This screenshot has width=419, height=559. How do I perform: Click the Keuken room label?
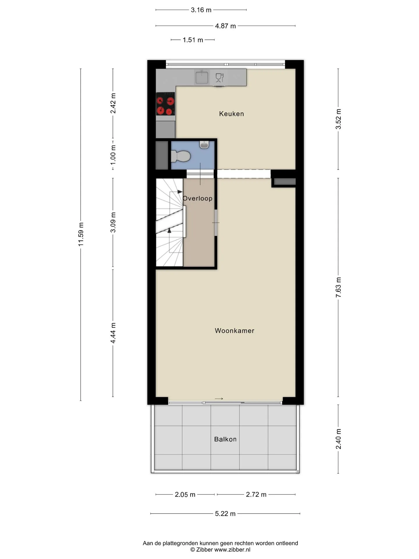231,114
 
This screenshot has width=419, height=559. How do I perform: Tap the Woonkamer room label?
235,331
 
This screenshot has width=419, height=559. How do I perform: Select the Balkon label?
225,439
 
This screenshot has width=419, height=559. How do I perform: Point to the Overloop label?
198,198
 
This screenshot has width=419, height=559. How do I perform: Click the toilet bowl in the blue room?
181,156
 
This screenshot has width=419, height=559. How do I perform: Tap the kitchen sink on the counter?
202,77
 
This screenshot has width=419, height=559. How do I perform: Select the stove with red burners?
166,104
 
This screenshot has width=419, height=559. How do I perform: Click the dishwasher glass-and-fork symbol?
219,78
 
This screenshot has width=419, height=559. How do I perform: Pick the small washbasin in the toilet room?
204,144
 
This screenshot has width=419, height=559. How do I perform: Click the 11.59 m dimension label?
81,234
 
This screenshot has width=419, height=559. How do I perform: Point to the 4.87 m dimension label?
226,26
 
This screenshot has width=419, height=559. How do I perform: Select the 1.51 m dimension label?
193,40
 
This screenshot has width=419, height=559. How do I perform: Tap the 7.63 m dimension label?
338,287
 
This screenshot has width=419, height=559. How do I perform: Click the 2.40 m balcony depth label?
338,439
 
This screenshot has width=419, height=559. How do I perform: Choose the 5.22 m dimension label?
225,514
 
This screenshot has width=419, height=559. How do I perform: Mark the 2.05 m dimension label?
185,495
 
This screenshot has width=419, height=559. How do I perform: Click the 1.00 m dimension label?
113,155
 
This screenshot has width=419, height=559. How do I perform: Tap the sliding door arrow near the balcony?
219,399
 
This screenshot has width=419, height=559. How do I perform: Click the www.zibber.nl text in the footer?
232,550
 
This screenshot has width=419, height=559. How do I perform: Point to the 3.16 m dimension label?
201,10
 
